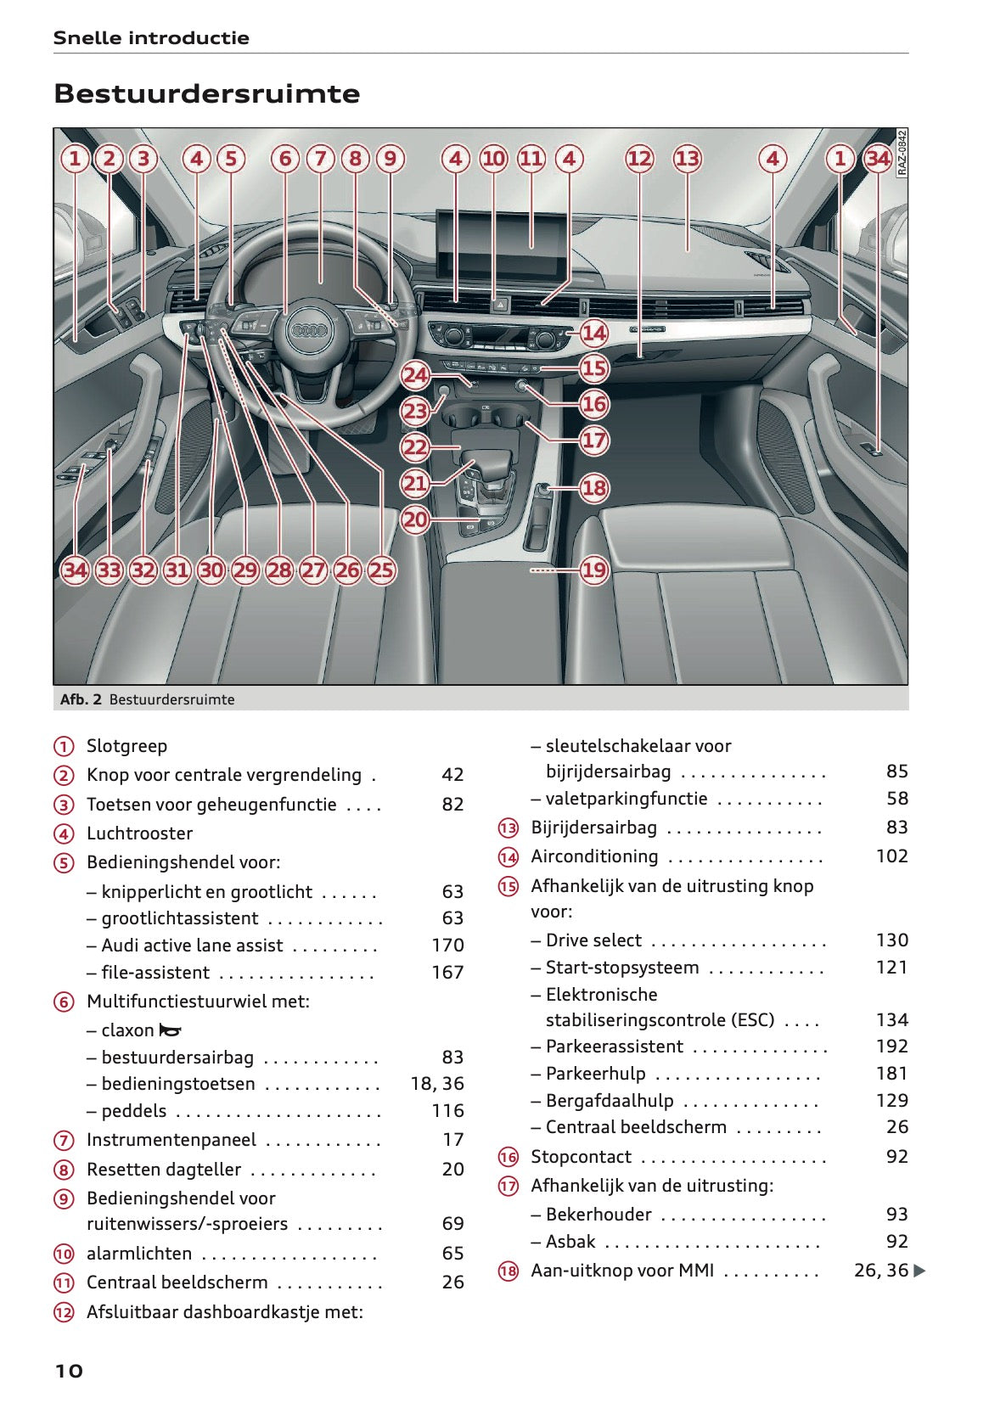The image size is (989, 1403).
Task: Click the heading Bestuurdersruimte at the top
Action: tap(206, 93)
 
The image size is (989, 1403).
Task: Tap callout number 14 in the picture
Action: tap(593, 333)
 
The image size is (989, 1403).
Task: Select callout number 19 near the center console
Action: tap(593, 570)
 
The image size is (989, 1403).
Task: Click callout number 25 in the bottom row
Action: tap(381, 570)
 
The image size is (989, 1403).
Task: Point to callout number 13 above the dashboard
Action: tap(687, 159)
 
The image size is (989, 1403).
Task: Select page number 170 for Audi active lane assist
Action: tap(447, 946)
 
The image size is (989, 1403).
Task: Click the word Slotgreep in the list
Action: tap(126, 746)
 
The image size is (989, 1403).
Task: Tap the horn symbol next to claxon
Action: tap(171, 1030)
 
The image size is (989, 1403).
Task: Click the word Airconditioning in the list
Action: tap(594, 856)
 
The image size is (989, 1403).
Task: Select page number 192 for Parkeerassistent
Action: tap(891, 1047)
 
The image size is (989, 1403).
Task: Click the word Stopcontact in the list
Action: tap(581, 1157)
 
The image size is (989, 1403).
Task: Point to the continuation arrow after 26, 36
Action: tap(919, 1271)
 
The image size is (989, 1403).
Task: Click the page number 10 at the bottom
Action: tap(69, 1371)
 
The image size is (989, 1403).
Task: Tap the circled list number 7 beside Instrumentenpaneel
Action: tap(64, 1141)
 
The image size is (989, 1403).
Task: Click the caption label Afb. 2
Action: tap(81, 699)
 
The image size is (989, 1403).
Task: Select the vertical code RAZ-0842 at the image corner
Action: tap(902, 153)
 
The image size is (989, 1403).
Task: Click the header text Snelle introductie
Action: tap(151, 38)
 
